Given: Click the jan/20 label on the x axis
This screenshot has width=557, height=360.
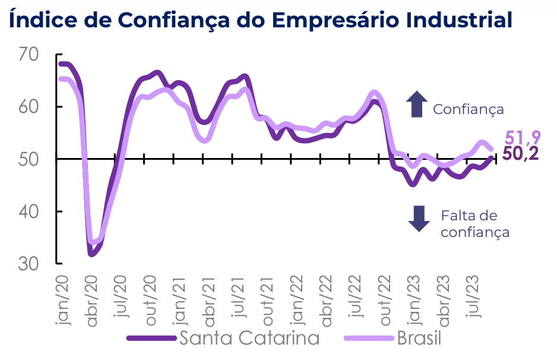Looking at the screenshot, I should tap(62, 299).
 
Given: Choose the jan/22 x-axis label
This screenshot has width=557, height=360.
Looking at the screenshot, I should tap(296, 299).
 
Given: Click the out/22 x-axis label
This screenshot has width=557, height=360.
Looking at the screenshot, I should tap(384, 301).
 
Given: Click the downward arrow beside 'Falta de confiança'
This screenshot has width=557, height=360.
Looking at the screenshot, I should tap(419, 218).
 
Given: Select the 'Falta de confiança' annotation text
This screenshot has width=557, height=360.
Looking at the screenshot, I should tap(474, 223).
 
